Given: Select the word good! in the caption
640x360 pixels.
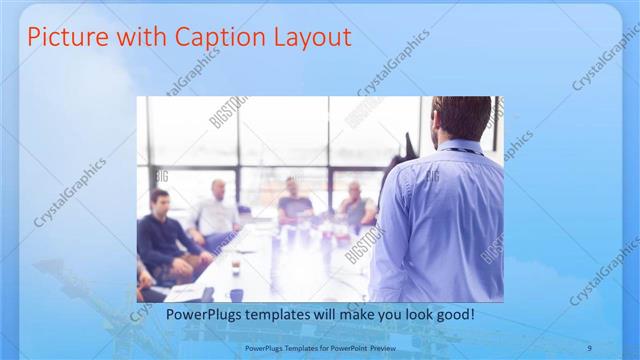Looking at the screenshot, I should pyautogui.click(x=453, y=314).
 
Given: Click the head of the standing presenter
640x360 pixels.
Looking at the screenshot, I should pyautogui.click(x=461, y=116).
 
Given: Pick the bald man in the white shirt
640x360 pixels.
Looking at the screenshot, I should pyautogui.click(x=217, y=211).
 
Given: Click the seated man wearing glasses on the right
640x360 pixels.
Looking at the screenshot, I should pyautogui.click(x=354, y=205).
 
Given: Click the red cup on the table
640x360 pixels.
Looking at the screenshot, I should pyautogui.click(x=233, y=268).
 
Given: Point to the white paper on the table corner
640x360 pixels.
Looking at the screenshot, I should pyautogui.click(x=185, y=291).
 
